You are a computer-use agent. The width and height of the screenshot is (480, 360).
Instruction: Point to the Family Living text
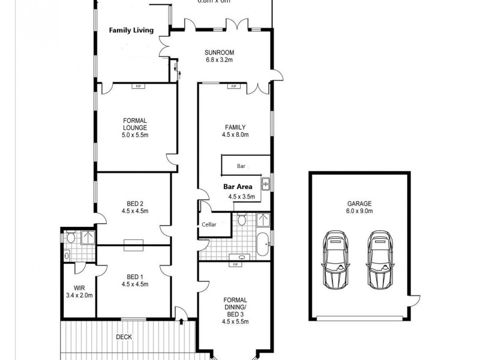tap(131, 30)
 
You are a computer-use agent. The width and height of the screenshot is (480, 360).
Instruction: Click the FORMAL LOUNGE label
tap(135, 128)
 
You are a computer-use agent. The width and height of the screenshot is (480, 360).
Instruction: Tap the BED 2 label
tap(135, 207)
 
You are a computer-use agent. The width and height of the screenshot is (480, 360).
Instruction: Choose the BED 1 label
tap(135, 280)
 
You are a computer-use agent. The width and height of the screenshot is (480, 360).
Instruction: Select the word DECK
tap(124, 337)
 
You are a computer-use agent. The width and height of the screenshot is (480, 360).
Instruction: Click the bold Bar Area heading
tap(238, 187)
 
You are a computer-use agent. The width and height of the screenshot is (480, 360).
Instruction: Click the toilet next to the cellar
tap(241, 220)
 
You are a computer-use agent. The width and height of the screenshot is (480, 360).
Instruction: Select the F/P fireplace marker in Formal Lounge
tap(138, 86)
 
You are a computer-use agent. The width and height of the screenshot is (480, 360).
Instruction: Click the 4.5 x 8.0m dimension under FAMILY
tap(235, 135)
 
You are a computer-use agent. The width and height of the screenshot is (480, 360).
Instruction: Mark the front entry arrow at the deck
tap(181, 320)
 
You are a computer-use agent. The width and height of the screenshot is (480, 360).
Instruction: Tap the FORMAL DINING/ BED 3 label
tap(235, 310)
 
